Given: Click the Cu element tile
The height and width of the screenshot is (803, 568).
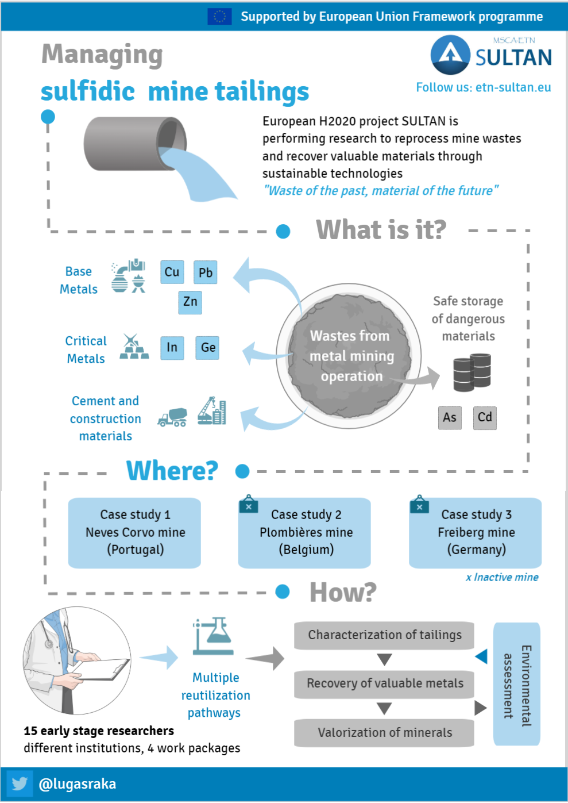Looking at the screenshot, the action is tap(172, 272).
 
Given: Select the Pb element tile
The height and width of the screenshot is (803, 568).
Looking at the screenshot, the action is tap(205, 272).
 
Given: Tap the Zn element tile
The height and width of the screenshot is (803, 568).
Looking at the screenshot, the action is tap(190, 302).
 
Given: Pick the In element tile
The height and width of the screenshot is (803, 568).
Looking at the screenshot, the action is tap(172, 348).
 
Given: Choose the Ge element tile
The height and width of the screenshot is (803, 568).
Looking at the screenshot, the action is tap(207, 348).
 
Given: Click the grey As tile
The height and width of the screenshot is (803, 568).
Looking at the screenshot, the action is tap(450, 418).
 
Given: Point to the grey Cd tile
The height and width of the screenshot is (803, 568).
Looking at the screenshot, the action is tap(485, 418).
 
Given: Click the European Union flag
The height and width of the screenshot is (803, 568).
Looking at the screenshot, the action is tap(219, 17).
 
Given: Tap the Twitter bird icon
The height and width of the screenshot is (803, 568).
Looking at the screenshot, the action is tap(20, 784).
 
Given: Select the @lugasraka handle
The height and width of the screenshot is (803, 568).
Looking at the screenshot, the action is tap(78, 784).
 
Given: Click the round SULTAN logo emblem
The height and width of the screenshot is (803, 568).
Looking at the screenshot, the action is tap(450, 55).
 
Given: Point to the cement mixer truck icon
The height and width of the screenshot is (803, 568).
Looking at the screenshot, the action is tap(172, 417).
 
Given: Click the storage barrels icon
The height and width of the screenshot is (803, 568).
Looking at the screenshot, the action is tap(472, 372).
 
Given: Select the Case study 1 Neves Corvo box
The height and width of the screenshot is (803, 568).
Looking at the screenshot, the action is tap(134, 533).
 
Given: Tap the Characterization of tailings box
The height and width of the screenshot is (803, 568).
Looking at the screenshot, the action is tap(384, 635).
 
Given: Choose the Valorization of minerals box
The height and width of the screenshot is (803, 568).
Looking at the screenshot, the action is tap(384, 733).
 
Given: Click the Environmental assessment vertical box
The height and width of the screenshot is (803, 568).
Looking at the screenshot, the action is tap(517, 684).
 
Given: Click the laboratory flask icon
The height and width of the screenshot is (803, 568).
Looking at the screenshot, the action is tap(214, 636).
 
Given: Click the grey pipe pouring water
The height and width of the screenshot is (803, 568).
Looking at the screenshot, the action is tap(135, 144).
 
